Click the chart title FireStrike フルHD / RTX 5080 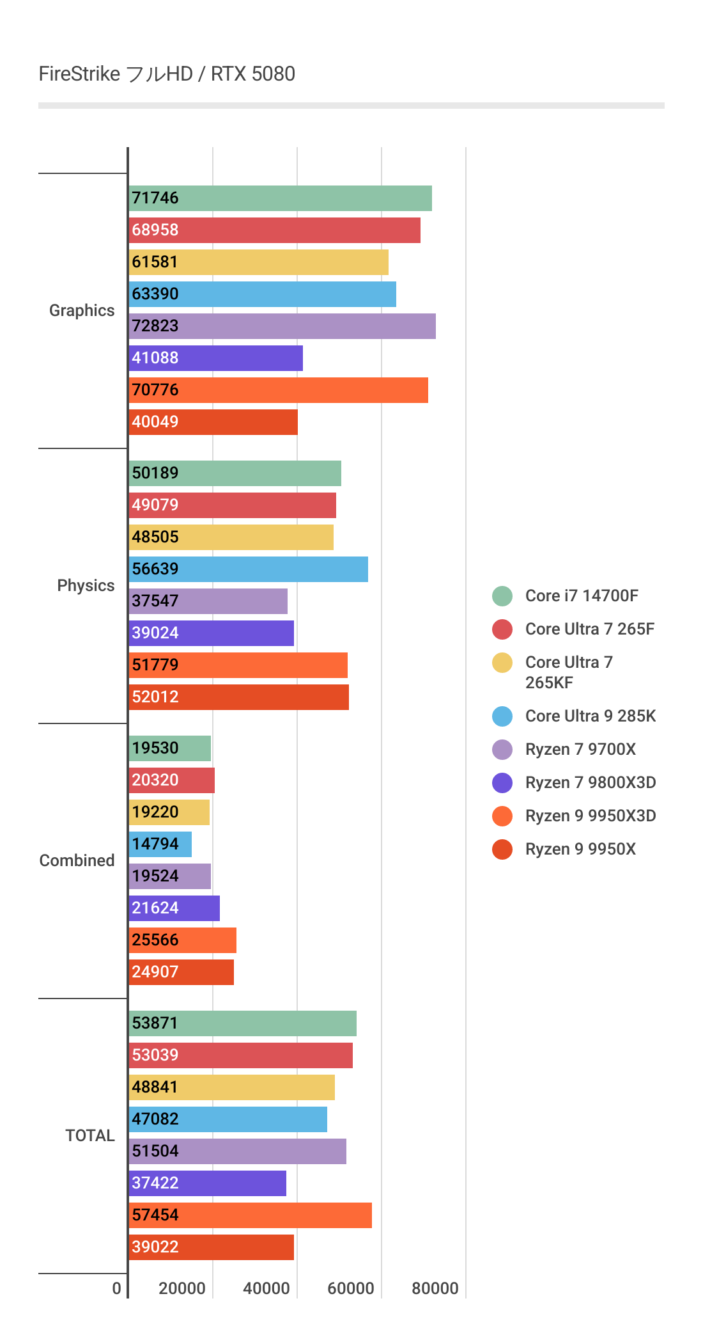tap(167, 74)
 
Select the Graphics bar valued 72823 tap(282, 326)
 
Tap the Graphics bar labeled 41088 tap(215, 358)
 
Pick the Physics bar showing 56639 tap(248, 569)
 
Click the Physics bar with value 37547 tap(208, 601)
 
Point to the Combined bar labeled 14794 tap(160, 844)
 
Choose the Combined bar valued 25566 tap(182, 940)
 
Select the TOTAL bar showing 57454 tap(250, 1215)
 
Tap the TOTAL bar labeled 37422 tap(207, 1183)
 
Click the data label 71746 tap(155, 198)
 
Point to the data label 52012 tap(155, 697)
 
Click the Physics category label tap(86, 586)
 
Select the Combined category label tap(77, 861)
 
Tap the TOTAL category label tap(89, 1136)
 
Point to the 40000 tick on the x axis tap(267, 1288)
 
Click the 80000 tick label tap(435, 1288)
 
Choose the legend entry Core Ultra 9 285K tap(590, 716)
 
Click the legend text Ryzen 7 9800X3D tap(590, 783)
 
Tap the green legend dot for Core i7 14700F tap(502, 596)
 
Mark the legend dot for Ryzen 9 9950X tap(502, 849)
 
